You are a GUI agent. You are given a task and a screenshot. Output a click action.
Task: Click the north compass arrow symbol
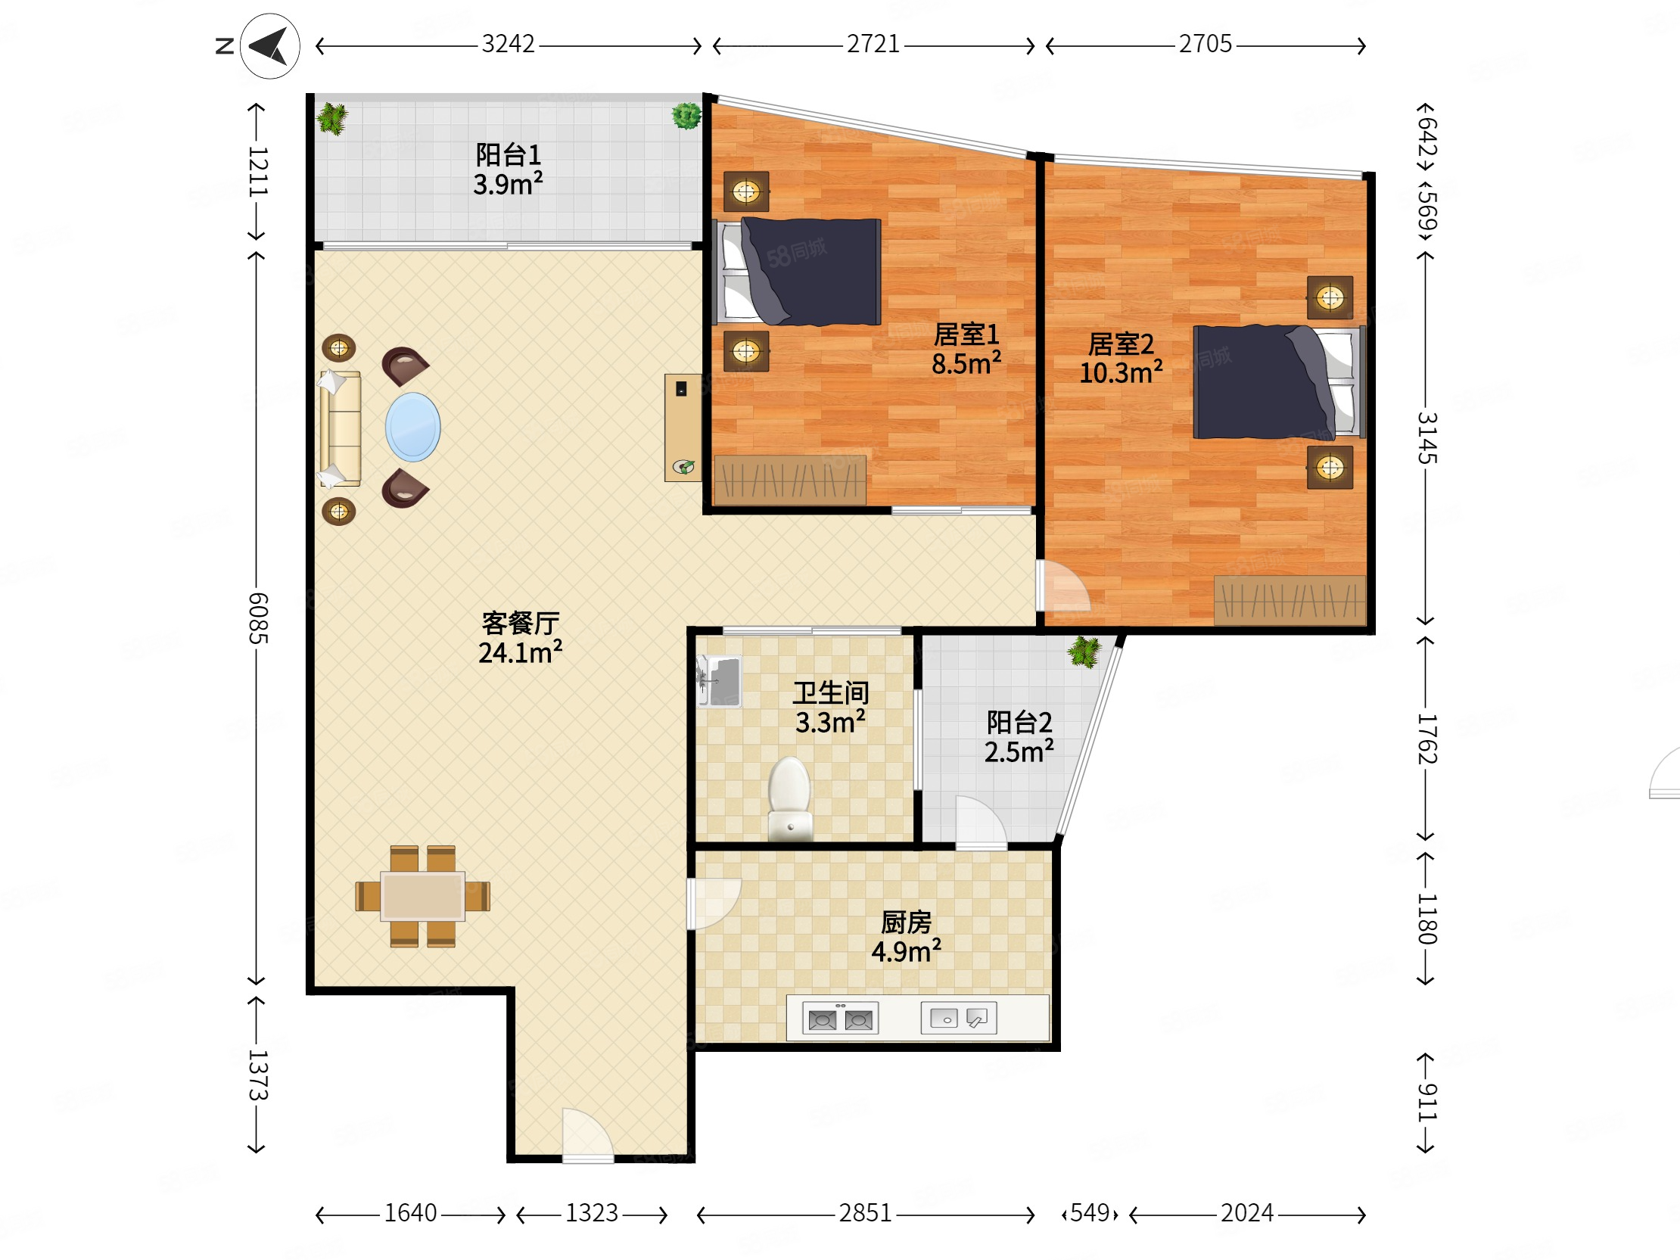point(269,46)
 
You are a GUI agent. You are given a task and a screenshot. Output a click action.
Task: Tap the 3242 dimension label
point(508,44)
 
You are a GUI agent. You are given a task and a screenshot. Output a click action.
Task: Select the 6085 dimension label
point(258,618)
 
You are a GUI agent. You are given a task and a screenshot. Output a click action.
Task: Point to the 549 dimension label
point(1090,1213)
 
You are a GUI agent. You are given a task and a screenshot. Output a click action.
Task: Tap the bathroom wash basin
point(719,680)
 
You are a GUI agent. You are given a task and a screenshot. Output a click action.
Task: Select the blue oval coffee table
point(412,427)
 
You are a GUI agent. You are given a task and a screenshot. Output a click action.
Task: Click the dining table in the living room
point(423,896)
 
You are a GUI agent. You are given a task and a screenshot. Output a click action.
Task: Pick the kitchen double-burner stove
point(841,1019)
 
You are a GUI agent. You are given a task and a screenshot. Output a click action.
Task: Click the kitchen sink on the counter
point(959,1018)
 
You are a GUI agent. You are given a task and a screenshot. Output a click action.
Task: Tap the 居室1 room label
point(966,334)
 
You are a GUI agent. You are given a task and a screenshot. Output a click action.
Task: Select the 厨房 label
point(906,922)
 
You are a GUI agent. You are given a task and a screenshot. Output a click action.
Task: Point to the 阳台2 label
point(1019,721)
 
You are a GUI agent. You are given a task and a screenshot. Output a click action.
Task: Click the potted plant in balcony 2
point(1084,652)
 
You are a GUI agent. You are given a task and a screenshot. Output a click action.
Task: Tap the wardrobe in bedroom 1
point(790,480)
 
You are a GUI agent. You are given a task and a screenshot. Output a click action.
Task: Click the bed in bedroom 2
point(1279,382)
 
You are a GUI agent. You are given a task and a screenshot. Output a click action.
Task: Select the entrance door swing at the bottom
point(587,1134)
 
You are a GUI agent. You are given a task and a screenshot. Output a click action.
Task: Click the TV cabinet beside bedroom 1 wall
point(683,428)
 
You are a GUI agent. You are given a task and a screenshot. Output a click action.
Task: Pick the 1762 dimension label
point(1427,739)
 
